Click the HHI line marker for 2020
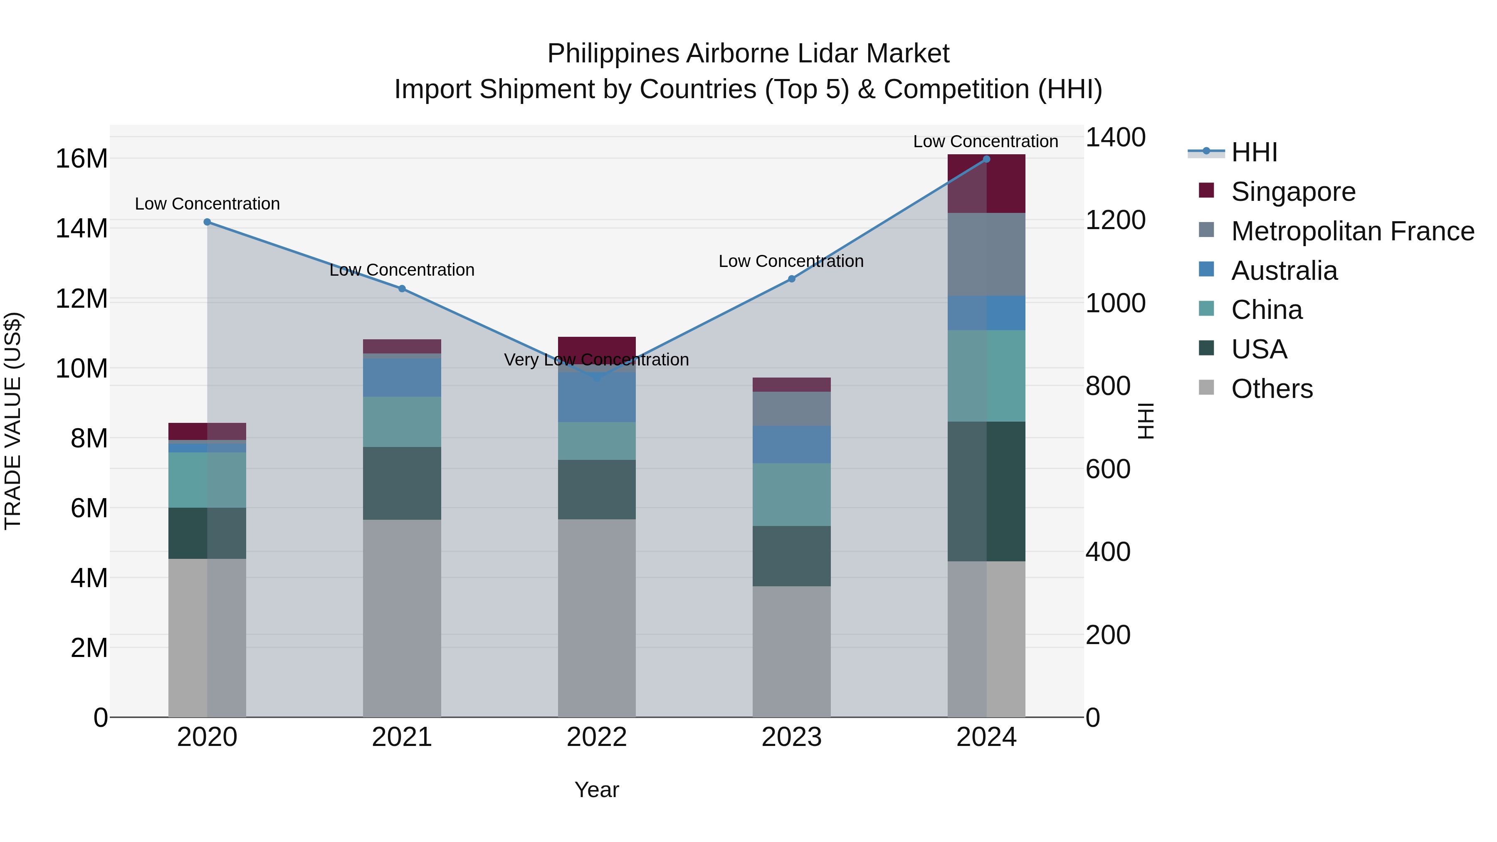(208, 222)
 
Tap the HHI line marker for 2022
(597, 377)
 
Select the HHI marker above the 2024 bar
(986, 159)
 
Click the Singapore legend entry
(1293, 192)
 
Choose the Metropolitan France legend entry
(1352, 231)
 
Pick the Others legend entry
(1272, 389)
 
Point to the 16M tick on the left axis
(82, 159)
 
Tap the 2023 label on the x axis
(791, 737)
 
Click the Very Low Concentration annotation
(596, 360)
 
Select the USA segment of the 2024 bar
(986, 491)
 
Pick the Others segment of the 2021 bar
(402, 618)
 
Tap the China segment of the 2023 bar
(791, 494)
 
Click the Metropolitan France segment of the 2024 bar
(986, 254)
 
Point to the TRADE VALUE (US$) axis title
(13, 421)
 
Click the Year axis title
(596, 790)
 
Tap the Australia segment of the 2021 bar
(402, 378)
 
